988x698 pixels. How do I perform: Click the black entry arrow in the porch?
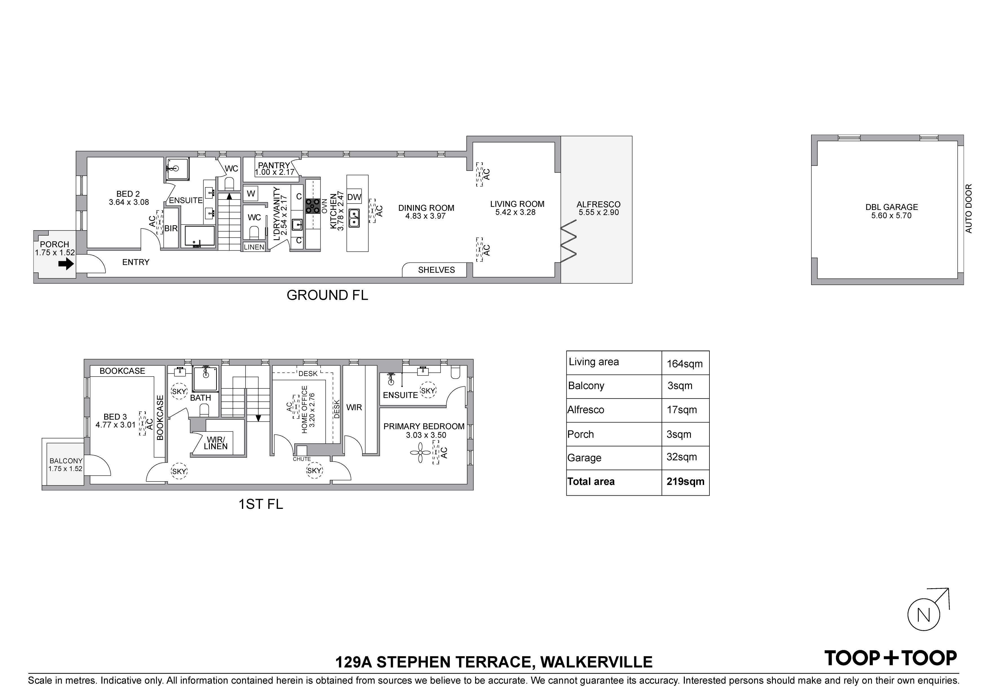tap(66, 264)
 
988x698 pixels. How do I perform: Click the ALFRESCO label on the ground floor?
tap(598, 205)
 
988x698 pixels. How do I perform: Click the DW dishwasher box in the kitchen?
tap(354, 197)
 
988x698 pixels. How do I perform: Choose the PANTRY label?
tap(274, 165)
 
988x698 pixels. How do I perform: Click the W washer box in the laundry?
tap(251, 194)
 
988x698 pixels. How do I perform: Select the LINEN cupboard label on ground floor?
tap(254, 247)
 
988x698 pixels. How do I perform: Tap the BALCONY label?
tap(66, 461)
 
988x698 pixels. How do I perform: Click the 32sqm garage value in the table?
tap(682, 457)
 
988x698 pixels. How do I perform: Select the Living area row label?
tap(594, 362)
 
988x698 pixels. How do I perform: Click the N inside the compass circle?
tap(924, 616)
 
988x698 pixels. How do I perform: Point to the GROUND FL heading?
tap(328, 296)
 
